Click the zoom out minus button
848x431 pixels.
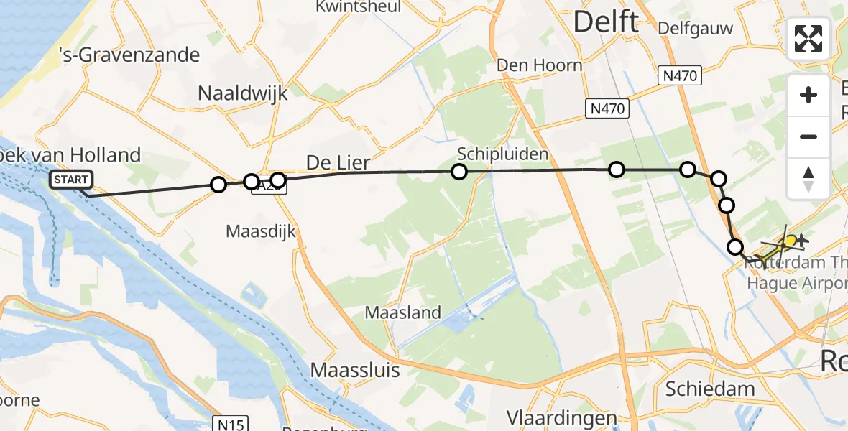click(808, 136)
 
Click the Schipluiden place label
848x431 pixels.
click(493, 154)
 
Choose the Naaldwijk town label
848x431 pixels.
click(243, 93)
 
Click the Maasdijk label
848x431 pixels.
click(261, 231)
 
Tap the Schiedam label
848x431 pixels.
click(710, 389)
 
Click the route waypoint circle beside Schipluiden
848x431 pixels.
click(458, 172)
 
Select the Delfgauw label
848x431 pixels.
click(696, 29)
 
